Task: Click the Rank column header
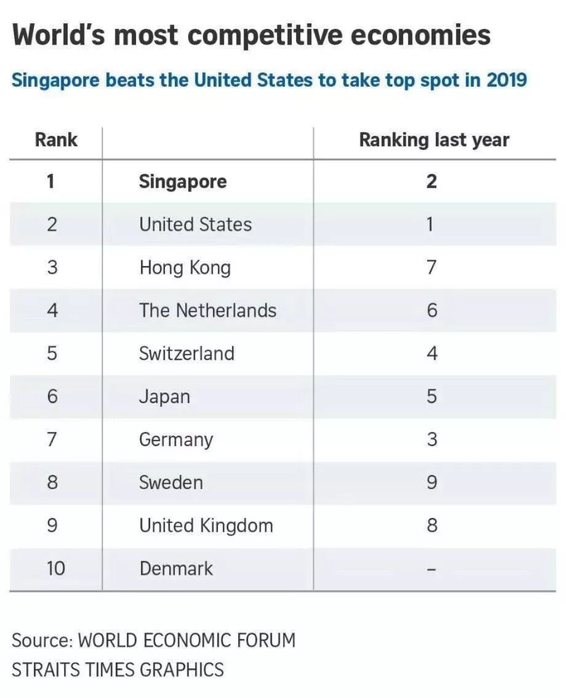click(x=56, y=139)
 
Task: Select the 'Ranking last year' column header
click(x=434, y=139)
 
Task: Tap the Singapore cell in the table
click(x=183, y=181)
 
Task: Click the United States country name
click(x=195, y=224)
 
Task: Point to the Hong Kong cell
click(x=185, y=267)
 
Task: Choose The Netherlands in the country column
click(x=207, y=310)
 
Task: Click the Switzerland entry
click(x=186, y=353)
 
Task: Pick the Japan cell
click(x=164, y=396)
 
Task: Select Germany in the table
click(x=176, y=439)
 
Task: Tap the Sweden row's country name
click(x=170, y=482)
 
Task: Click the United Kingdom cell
click(x=205, y=525)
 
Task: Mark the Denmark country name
click(x=176, y=568)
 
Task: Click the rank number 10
click(x=55, y=568)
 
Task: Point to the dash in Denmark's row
click(x=432, y=570)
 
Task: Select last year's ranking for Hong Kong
click(x=432, y=267)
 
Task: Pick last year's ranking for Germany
click(x=432, y=439)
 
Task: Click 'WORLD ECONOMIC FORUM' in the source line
click(x=188, y=640)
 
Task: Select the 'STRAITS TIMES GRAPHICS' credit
click(x=118, y=669)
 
